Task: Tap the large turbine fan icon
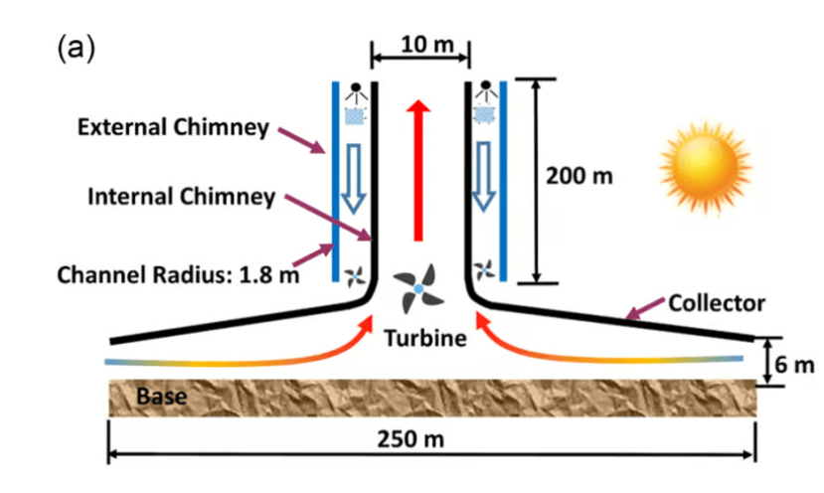(418, 288)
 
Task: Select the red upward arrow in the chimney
(417, 168)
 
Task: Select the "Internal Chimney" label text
(181, 196)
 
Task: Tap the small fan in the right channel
(484, 269)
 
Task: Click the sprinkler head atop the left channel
(353, 91)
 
